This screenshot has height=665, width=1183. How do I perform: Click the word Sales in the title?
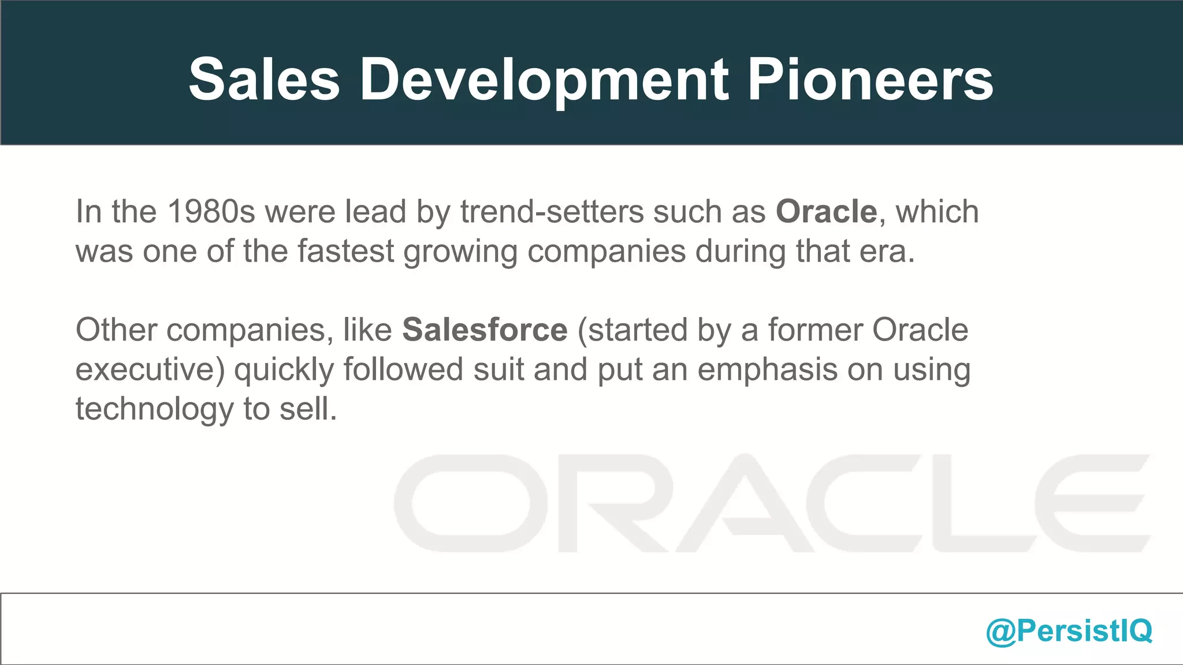pyautogui.click(x=264, y=80)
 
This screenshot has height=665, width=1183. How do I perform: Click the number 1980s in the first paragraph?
pyautogui.click(x=211, y=212)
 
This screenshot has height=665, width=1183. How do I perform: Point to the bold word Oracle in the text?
pyautogui.click(x=826, y=212)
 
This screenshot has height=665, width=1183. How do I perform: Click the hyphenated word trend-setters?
pyautogui.click(x=552, y=212)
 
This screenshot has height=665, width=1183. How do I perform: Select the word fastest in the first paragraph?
pyautogui.click(x=346, y=251)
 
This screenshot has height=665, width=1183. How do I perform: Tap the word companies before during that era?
pyautogui.click(x=606, y=251)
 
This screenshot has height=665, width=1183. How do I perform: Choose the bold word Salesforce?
pyautogui.click(x=485, y=330)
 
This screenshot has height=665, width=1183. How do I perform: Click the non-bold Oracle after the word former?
pyautogui.click(x=920, y=330)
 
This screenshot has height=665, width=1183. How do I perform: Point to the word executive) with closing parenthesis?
pyautogui.click(x=150, y=369)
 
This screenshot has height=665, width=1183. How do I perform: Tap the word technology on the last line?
pyautogui.click(x=154, y=409)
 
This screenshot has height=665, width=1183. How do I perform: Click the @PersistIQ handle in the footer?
pyautogui.click(x=1069, y=630)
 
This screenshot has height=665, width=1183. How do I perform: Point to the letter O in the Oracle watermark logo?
pyautogui.click(x=471, y=503)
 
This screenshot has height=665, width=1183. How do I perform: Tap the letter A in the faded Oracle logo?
pyautogui.click(x=745, y=503)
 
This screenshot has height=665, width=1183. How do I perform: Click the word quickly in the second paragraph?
pyautogui.click(x=284, y=369)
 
